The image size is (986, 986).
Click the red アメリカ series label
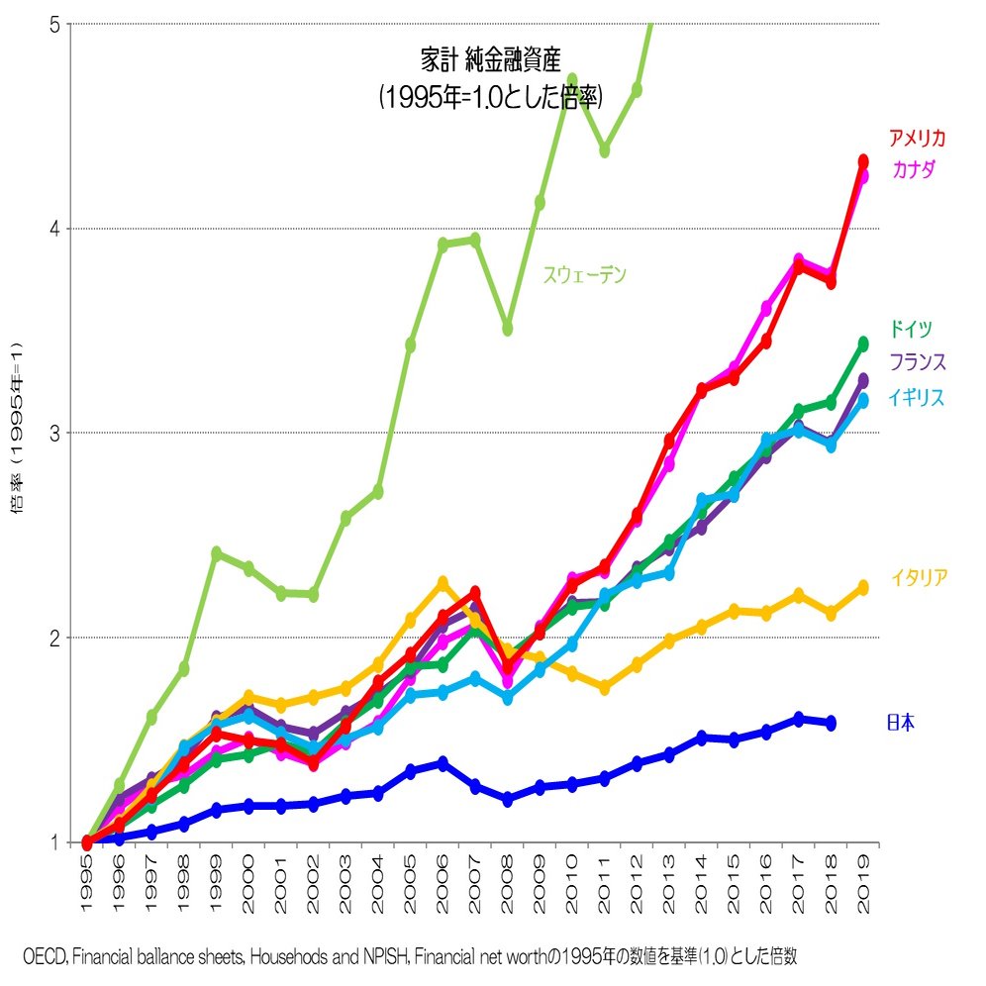[x=918, y=139]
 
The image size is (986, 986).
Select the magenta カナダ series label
[x=914, y=170]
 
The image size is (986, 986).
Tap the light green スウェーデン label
[x=584, y=276]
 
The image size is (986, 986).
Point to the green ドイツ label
[x=910, y=330]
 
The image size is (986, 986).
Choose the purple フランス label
[x=917, y=361]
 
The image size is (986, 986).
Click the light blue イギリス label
[x=916, y=398]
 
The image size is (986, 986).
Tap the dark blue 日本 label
[x=900, y=724]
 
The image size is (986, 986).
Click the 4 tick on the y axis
[x=56, y=229]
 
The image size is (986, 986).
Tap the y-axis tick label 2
[x=56, y=638]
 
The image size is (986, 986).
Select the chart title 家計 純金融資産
[x=491, y=59]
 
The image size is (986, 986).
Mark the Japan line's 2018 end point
[x=831, y=723]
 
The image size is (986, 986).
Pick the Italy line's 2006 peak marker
[x=443, y=583]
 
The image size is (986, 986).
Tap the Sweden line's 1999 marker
[x=216, y=553]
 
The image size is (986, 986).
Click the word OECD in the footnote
[x=44, y=956]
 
